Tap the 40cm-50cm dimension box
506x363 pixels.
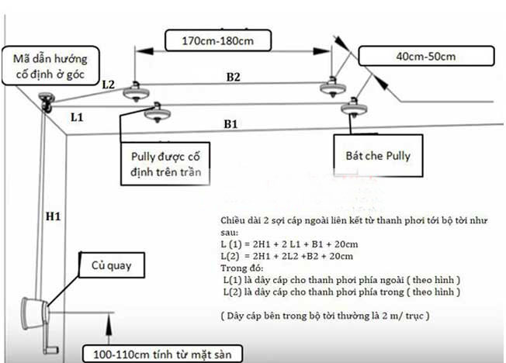427,57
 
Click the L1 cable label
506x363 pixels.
76,117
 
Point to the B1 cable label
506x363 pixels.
231,124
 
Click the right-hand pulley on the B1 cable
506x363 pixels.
355,106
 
